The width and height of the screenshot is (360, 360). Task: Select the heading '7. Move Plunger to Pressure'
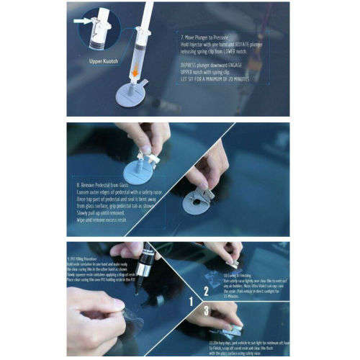coord(208,35)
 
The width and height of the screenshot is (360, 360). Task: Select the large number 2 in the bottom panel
coord(205,292)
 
